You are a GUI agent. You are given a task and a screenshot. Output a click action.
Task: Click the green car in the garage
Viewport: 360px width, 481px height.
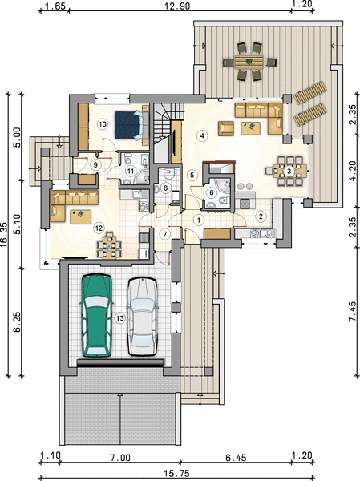(96, 316)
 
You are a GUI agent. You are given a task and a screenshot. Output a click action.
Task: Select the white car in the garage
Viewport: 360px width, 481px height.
(143, 317)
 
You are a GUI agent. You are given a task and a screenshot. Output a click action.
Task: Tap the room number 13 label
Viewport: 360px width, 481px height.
(120, 318)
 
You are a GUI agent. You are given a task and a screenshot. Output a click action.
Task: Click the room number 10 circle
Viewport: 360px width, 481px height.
(103, 124)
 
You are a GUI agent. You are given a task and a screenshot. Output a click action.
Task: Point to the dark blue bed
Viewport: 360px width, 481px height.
(129, 125)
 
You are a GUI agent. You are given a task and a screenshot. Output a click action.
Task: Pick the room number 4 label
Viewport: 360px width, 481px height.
(202, 135)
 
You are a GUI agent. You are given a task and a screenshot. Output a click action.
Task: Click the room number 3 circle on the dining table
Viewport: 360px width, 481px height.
(289, 172)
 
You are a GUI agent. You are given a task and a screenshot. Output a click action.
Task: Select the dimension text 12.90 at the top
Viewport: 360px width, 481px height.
(177, 6)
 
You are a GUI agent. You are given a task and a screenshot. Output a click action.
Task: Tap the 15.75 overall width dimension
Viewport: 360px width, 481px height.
(176, 474)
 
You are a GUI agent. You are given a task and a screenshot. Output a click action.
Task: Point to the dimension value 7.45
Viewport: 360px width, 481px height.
(353, 311)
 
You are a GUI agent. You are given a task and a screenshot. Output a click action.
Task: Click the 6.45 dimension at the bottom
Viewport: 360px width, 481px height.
(236, 458)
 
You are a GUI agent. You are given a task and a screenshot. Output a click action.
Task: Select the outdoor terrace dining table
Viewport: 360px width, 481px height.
(249, 63)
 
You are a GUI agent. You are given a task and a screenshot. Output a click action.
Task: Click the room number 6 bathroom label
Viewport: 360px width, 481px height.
(212, 193)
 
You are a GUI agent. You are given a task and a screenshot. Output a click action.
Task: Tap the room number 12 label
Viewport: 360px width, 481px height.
(99, 228)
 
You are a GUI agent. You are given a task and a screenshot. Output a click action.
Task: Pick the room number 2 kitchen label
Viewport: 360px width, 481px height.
(261, 216)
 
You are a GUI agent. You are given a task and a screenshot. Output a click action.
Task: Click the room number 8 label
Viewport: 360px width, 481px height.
(166, 188)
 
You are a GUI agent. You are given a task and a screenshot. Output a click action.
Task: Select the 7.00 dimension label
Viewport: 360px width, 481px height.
(120, 458)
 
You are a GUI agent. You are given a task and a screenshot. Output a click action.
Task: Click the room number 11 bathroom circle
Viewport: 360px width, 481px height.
(131, 171)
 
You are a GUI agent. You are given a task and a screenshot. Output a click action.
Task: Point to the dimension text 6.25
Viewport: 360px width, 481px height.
(17, 321)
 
